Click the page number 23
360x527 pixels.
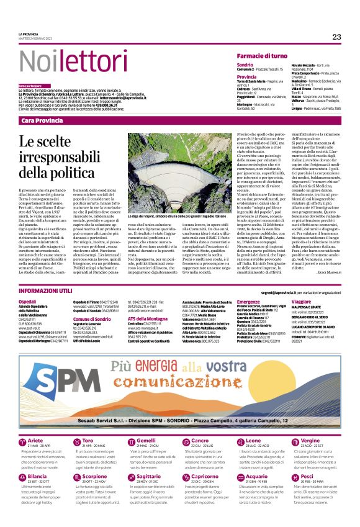tap(336, 37)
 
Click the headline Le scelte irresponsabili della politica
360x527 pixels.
tap(62, 158)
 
